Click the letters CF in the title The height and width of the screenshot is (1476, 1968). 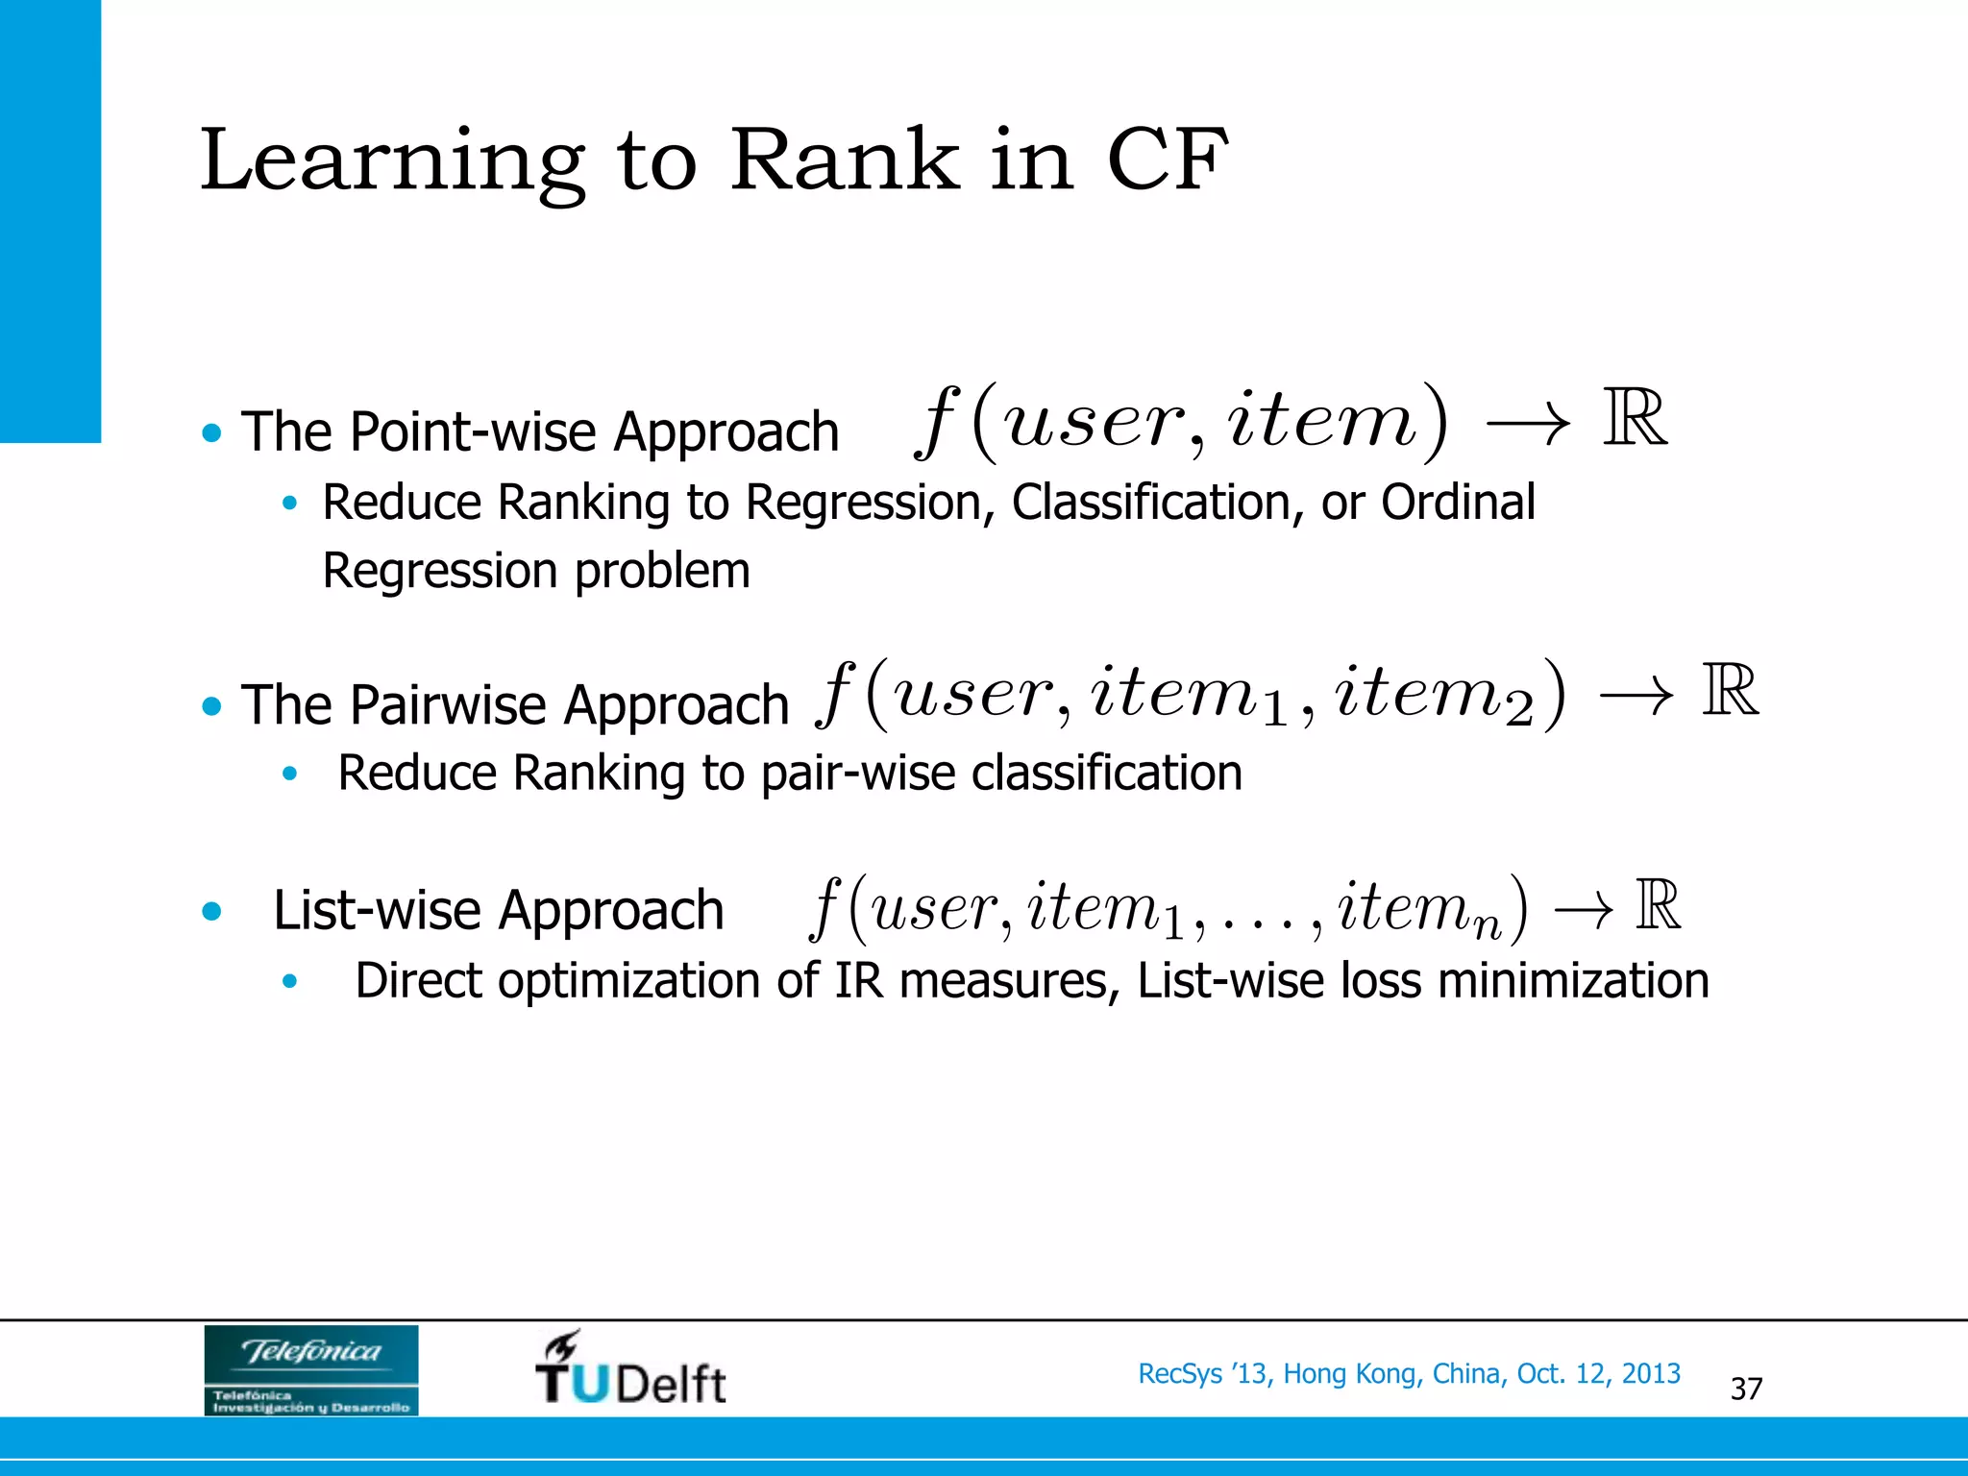click(x=1167, y=160)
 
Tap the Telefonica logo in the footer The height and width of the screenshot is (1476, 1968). click(x=311, y=1369)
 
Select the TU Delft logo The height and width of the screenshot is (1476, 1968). click(x=630, y=1368)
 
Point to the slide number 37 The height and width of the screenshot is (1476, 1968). click(x=1746, y=1389)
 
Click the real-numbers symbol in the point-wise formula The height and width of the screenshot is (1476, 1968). click(x=1635, y=419)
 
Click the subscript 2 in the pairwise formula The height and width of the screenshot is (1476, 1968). click(x=1519, y=711)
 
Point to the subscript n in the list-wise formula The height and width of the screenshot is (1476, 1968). click(x=1487, y=925)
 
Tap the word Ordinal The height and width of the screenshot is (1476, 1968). click(x=1458, y=502)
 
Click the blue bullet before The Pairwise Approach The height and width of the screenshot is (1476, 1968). click(x=212, y=707)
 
